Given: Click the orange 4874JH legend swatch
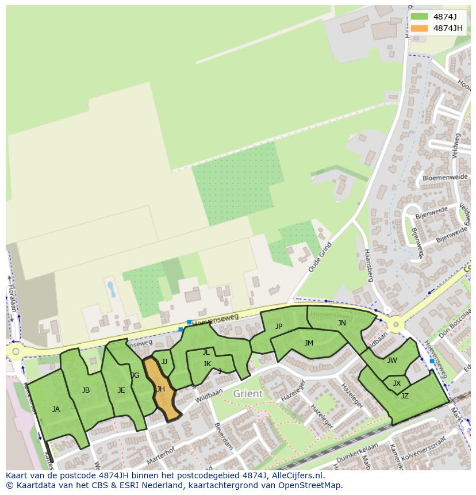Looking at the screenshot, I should [419, 28].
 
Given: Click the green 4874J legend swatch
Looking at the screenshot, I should [419, 17].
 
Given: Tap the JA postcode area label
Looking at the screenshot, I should [56, 409].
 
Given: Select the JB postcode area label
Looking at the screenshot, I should [86, 390].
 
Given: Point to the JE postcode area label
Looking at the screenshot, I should [121, 390].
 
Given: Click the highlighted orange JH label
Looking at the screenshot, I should [160, 389].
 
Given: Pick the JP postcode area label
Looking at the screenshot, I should [279, 327].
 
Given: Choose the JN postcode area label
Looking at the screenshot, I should [342, 323].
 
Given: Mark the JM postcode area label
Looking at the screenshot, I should [309, 343].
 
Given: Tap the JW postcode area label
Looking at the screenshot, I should [392, 360].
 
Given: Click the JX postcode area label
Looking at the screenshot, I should [397, 383].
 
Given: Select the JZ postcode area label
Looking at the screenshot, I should [405, 396].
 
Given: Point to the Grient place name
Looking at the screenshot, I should [248, 394].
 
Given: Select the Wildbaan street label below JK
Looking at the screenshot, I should [208, 397].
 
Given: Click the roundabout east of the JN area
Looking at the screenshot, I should [396, 325].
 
